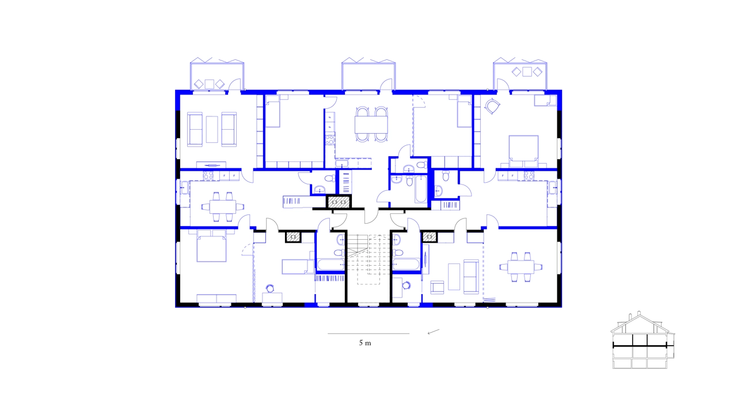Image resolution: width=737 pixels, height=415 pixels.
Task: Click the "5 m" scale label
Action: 365,343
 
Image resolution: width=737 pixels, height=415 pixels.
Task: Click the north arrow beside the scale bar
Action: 434,331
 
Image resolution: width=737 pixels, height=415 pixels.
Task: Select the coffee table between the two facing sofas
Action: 212,129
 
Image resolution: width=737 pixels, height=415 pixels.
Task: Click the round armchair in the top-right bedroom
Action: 493,107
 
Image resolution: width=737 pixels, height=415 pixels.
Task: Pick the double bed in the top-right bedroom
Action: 523,149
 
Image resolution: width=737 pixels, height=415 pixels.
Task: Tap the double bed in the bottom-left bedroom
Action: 211,247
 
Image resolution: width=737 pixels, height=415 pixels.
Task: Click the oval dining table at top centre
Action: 371,124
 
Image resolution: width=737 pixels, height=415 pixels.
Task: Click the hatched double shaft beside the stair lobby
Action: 339,202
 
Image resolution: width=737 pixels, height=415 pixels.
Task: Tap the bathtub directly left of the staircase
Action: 329,265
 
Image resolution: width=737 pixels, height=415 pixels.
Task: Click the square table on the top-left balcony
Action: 209,84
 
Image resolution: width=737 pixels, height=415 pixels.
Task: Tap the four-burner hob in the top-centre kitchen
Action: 330,139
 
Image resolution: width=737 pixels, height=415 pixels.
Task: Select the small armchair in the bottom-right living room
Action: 438,286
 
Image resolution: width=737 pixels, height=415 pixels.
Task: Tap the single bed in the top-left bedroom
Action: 273,111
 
